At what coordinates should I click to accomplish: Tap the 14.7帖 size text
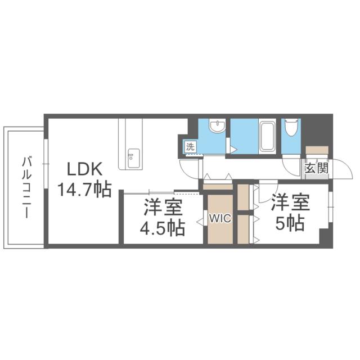83,188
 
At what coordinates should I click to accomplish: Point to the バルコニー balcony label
26,187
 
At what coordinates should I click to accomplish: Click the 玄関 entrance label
314,168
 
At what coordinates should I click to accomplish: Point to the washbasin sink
217,127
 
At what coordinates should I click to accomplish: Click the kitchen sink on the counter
133,155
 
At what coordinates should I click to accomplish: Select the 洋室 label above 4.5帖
162,207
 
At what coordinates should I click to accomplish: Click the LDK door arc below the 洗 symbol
190,166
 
